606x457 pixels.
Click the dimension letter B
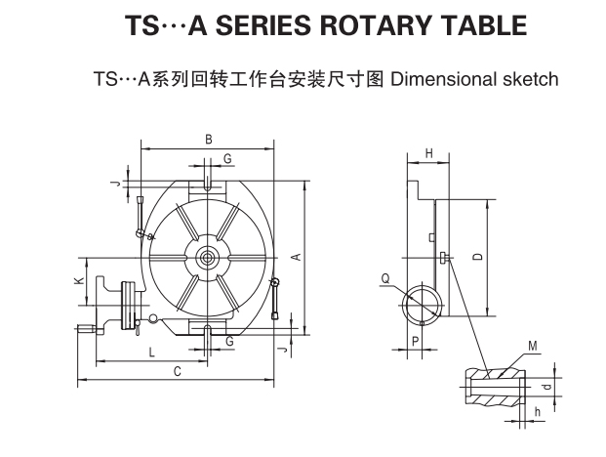(x=209, y=140)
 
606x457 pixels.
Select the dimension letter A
(x=294, y=256)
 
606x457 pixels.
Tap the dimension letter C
(x=177, y=371)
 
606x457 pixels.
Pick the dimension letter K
(x=78, y=282)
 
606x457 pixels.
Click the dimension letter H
(x=428, y=153)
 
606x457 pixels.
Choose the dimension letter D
(x=477, y=256)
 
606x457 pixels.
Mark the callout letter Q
(x=385, y=278)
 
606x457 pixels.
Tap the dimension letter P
(x=416, y=340)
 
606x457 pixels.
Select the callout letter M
(x=532, y=346)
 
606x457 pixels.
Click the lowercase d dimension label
(x=546, y=387)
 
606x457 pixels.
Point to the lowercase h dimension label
(x=537, y=411)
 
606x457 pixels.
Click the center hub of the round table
(x=209, y=258)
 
